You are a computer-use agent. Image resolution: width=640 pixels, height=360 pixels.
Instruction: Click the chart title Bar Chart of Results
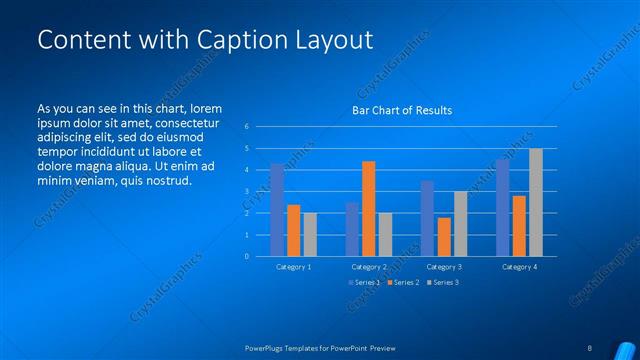tap(401, 110)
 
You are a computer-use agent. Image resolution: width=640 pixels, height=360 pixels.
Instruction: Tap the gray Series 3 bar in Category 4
tap(536, 202)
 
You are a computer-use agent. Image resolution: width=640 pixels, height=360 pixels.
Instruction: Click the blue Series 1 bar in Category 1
tap(277, 210)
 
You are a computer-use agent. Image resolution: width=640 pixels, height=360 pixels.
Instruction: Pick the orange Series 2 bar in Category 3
tap(443, 236)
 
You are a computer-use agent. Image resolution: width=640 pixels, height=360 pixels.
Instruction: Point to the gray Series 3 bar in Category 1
tap(310, 234)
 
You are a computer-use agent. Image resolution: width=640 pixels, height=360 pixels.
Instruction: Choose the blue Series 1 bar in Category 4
tap(502, 207)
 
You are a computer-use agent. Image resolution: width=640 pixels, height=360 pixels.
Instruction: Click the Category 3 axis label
tap(443, 267)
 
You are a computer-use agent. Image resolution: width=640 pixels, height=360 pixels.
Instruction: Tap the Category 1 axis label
tap(293, 267)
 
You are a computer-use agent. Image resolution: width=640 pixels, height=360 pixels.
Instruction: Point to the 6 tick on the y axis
tap(246, 127)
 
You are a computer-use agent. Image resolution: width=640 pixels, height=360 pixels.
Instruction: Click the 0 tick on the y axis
tap(246, 256)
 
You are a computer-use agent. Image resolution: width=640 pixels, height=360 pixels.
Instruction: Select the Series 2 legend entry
tap(403, 283)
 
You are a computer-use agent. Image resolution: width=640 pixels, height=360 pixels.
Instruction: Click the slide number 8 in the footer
tap(590, 348)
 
